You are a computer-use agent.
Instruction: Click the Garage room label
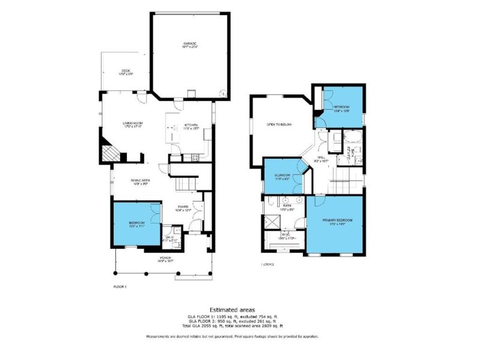190,46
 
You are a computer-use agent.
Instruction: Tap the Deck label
125,72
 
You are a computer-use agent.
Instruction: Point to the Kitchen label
191,127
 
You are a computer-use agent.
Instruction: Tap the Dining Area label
141,182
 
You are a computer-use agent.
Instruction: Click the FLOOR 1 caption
120,287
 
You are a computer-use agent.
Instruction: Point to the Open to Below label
279,125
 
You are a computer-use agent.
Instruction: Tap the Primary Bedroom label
337,221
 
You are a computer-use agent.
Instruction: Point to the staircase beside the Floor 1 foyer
186,182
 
